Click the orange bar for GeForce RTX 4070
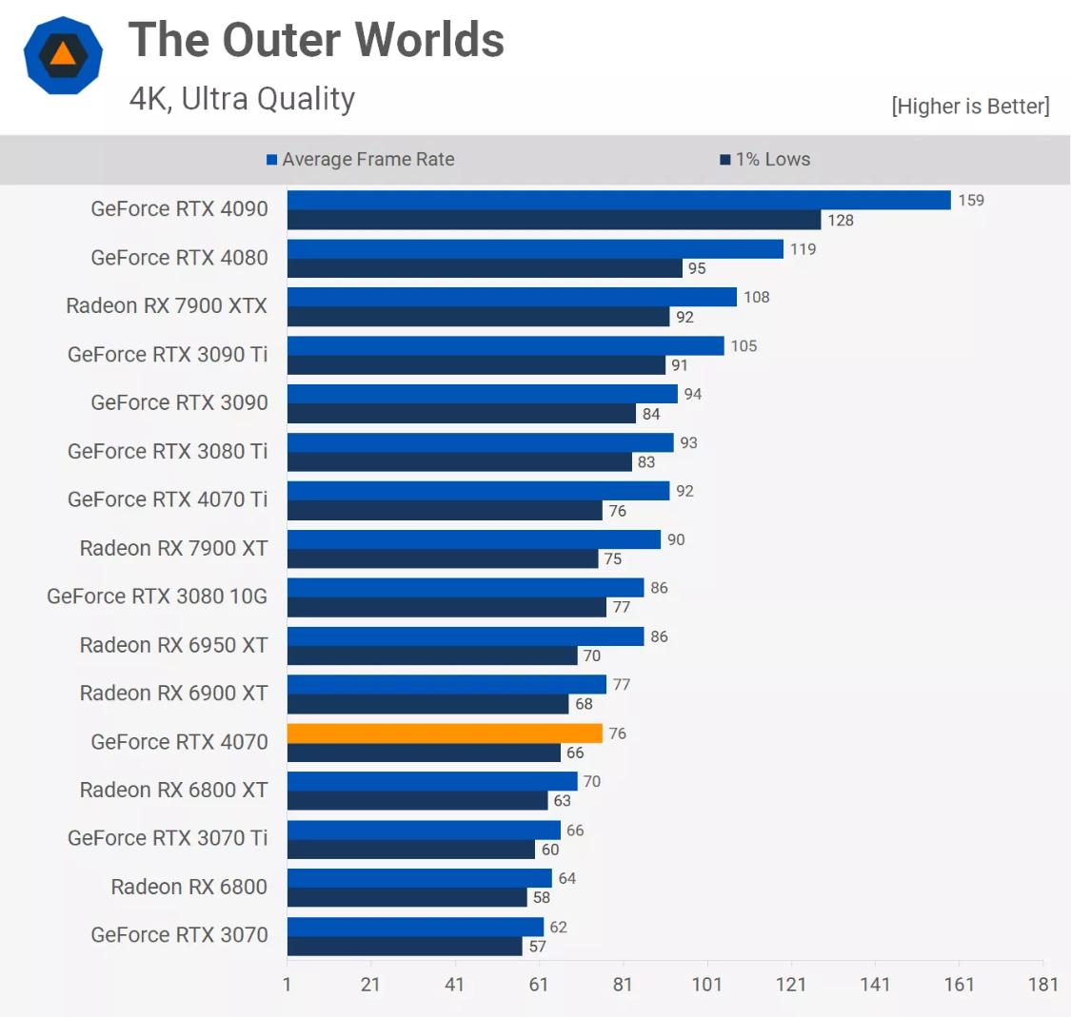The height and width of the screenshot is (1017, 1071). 445,733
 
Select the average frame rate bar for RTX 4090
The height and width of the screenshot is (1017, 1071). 619,200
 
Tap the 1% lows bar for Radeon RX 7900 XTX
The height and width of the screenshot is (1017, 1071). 478,317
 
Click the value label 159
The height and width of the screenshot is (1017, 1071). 971,200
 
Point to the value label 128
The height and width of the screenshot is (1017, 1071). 841,220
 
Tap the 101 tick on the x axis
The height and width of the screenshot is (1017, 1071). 706,984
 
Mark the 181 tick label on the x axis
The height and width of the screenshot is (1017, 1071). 1042,984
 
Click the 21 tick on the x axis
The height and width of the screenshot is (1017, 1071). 370,984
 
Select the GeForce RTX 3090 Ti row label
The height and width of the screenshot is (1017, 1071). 168,354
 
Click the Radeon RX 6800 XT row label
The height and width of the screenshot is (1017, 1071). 173,790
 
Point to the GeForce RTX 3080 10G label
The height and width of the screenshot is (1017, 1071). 157,596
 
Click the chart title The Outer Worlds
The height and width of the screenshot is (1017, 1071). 316,40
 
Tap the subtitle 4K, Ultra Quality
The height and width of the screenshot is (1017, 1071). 242,99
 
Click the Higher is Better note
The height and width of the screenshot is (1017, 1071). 970,106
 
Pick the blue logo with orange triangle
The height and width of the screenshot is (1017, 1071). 63,54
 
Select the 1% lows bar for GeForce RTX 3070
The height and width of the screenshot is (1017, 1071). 405,947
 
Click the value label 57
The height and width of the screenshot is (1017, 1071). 538,947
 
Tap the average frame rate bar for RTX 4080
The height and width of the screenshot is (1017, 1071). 535,248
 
